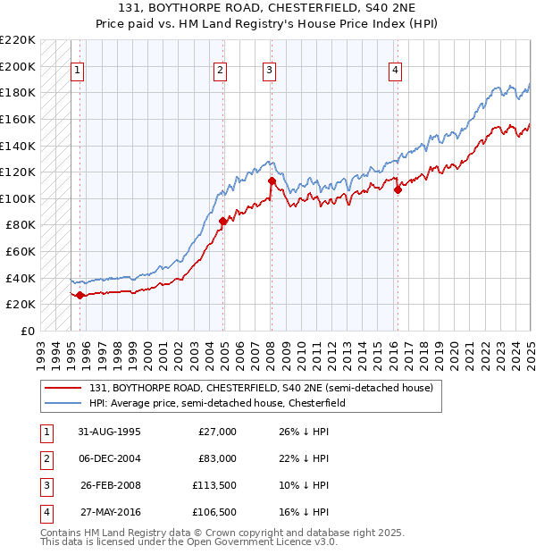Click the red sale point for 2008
(272, 181)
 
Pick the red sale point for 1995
(80, 295)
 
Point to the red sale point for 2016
(398, 189)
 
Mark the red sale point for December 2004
(222, 221)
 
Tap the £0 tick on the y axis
(27, 331)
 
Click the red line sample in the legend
(64, 389)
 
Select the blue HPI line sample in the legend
(64, 403)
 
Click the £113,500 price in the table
(214, 486)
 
